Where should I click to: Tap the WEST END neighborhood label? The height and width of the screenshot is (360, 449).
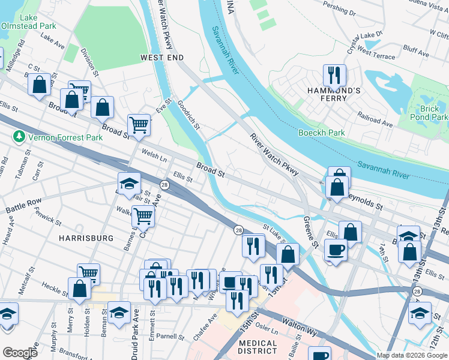(x=161, y=57)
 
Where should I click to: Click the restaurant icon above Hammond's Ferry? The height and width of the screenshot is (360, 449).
(x=334, y=75)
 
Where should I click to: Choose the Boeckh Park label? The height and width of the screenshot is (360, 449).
(x=322, y=133)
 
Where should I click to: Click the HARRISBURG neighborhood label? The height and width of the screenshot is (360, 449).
(x=85, y=238)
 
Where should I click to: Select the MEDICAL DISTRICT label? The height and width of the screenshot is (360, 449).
(x=258, y=349)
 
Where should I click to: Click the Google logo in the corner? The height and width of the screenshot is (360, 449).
(x=20, y=353)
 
